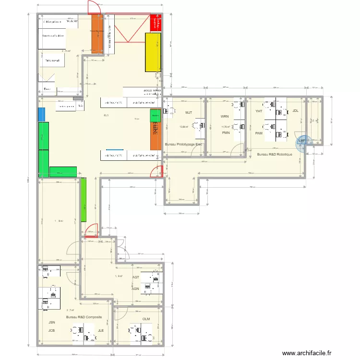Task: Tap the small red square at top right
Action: pyautogui.click(x=156, y=23)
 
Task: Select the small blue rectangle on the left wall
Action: pyautogui.click(x=41, y=114)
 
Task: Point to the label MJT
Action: pyautogui.click(x=189, y=113)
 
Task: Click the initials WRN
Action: pyautogui.click(x=225, y=117)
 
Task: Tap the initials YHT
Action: pyautogui.click(x=259, y=111)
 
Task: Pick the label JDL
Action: pyautogui.click(x=296, y=111)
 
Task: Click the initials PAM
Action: pyautogui.click(x=259, y=133)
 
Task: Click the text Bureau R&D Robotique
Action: pyautogui.click(x=275, y=155)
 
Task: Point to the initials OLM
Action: pyautogui.click(x=146, y=319)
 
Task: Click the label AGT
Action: pyautogui.click(x=136, y=277)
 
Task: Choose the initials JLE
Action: pyautogui.click(x=101, y=331)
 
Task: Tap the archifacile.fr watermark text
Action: pyautogui.click(x=307, y=353)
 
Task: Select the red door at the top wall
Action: pyautogui.click(x=91, y=7)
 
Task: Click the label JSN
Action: pyautogui.click(x=51, y=324)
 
